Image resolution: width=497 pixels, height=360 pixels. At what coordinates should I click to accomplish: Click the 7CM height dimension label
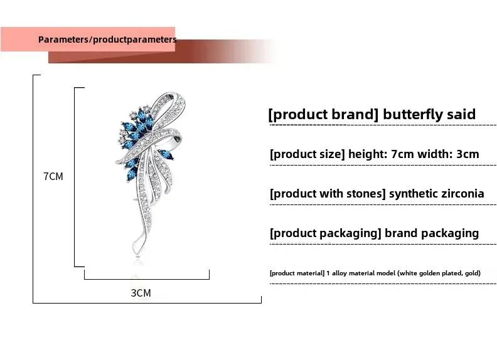(x=53, y=176)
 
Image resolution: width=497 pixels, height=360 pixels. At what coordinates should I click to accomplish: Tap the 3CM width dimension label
(x=141, y=293)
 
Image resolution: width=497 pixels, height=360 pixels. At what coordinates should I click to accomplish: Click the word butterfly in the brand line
(x=413, y=114)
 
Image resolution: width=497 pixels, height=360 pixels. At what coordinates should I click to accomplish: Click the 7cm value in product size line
(x=402, y=154)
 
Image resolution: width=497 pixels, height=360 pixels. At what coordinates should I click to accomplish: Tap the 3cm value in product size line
(x=468, y=154)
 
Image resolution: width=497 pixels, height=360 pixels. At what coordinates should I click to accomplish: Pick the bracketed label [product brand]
(x=324, y=114)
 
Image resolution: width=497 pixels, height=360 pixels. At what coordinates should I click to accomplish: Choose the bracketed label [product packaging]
(x=326, y=233)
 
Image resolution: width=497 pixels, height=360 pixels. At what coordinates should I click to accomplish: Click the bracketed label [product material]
(x=297, y=273)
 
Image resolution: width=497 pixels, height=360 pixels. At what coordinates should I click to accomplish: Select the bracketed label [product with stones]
(x=328, y=194)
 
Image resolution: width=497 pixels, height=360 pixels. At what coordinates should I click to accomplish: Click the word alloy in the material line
(x=339, y=273)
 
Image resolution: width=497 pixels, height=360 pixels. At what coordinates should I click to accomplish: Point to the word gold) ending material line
(x=473, y=273)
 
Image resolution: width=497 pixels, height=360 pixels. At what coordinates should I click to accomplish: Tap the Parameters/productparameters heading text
(x=107, y=40)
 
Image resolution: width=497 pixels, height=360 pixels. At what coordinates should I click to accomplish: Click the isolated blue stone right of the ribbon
(x=166, y=156)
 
